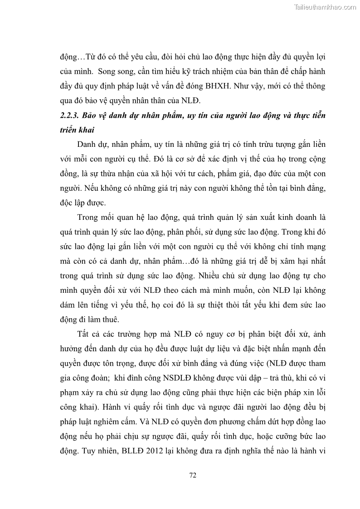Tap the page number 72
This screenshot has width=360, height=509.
coord(192,475)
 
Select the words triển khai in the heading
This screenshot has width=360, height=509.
coord(76,130)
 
